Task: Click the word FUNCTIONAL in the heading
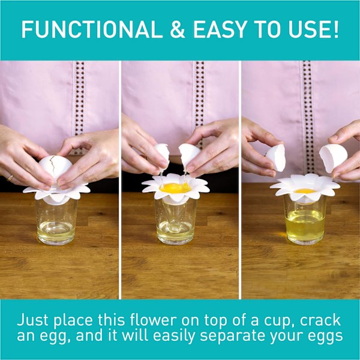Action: point(92,29)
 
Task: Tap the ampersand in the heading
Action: point(178,29)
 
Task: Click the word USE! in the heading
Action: point(314,29)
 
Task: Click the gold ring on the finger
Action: point(10,178)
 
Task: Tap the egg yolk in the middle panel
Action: point(176,188)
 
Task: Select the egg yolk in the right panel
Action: point(305,191)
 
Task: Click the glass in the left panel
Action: point(56,221)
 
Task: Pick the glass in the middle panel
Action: point(176,221)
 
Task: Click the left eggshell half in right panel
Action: point(276,158)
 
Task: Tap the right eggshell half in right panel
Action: point(333,157)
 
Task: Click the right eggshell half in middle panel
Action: point(189,154)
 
